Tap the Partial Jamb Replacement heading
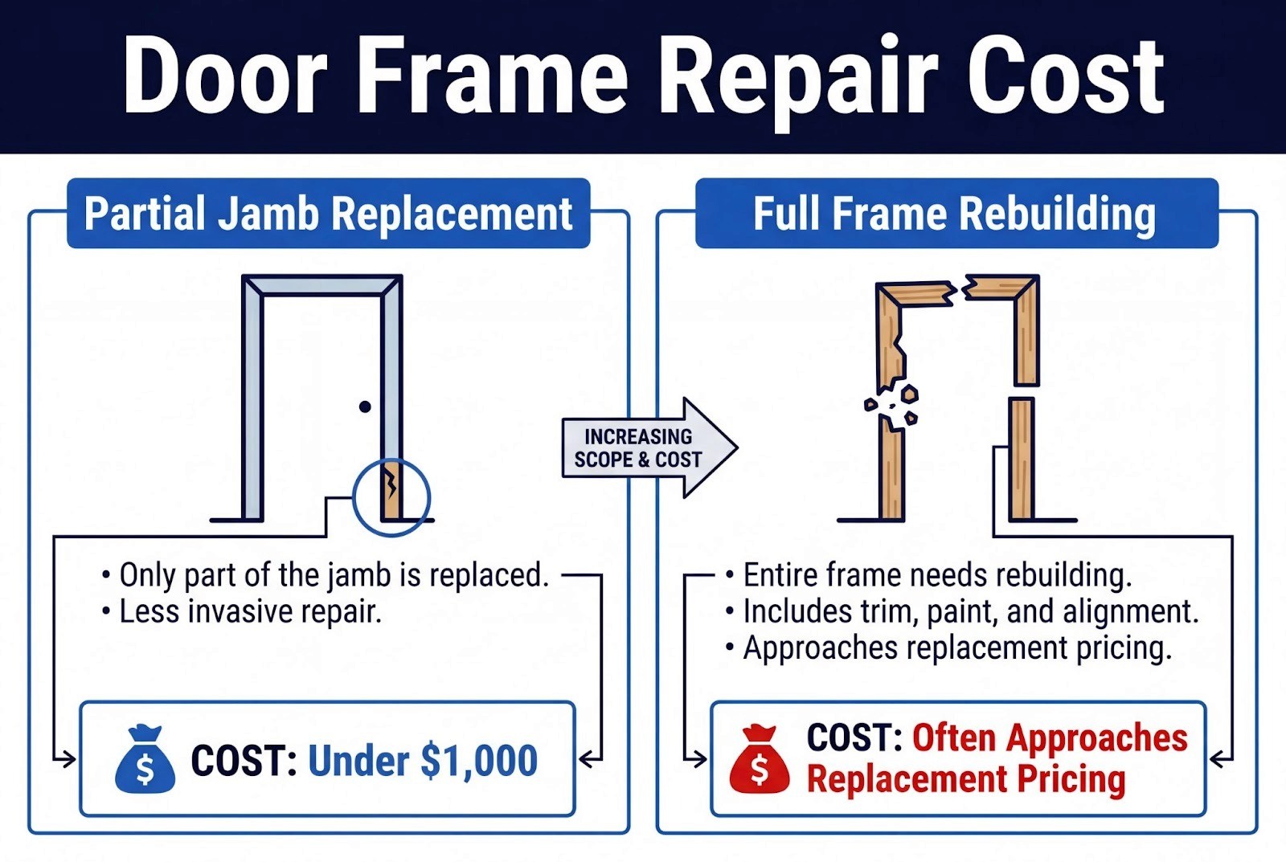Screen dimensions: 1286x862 [328, 214]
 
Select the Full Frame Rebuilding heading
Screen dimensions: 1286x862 [955, 214]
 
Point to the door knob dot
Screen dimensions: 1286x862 [365, 406]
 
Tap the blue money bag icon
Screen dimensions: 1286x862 [145, 760]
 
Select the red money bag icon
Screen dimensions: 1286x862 [760, 760]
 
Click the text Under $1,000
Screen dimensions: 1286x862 [423, 761]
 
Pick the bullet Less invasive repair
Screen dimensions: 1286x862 [250, 612]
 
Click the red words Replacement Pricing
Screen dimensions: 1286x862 [965, 779]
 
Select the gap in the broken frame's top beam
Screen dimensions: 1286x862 [959, 290]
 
